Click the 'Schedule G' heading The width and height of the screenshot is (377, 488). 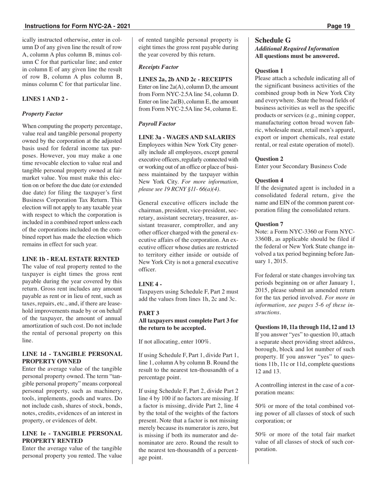(x=273, y=40)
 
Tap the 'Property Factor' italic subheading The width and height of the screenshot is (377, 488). (x=42, y=113)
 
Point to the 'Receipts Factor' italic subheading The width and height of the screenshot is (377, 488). (x=158, y=67)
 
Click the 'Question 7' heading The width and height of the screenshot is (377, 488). (x=269, y=224)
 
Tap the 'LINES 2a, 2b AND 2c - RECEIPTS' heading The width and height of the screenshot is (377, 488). (x=185, y=80)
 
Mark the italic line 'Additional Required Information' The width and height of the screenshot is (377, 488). (x=297, y=48)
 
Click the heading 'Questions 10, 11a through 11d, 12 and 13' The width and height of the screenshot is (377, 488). (x=305, y=327)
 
